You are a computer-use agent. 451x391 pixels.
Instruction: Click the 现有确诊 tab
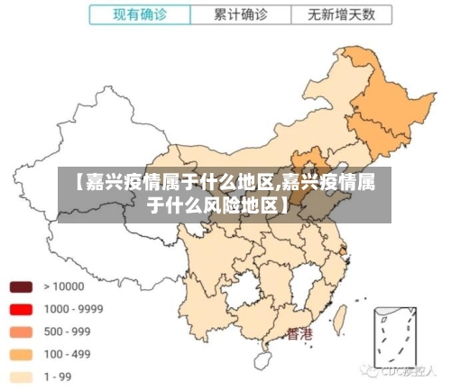[140, 14]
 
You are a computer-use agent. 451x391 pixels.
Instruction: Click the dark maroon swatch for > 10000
[22, 287]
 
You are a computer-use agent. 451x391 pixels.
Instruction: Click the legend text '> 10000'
[63, 287]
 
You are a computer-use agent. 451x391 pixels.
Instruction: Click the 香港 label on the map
[299, 334]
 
